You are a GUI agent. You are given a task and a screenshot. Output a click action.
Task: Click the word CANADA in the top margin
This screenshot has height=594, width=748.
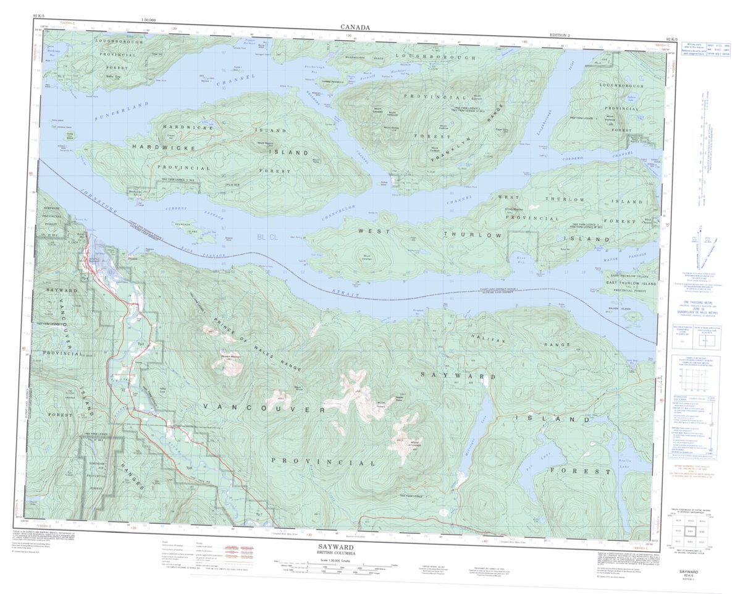(x=355, y=27)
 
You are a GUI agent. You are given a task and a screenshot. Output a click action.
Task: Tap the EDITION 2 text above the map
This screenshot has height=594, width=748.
(x=561, y=36)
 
